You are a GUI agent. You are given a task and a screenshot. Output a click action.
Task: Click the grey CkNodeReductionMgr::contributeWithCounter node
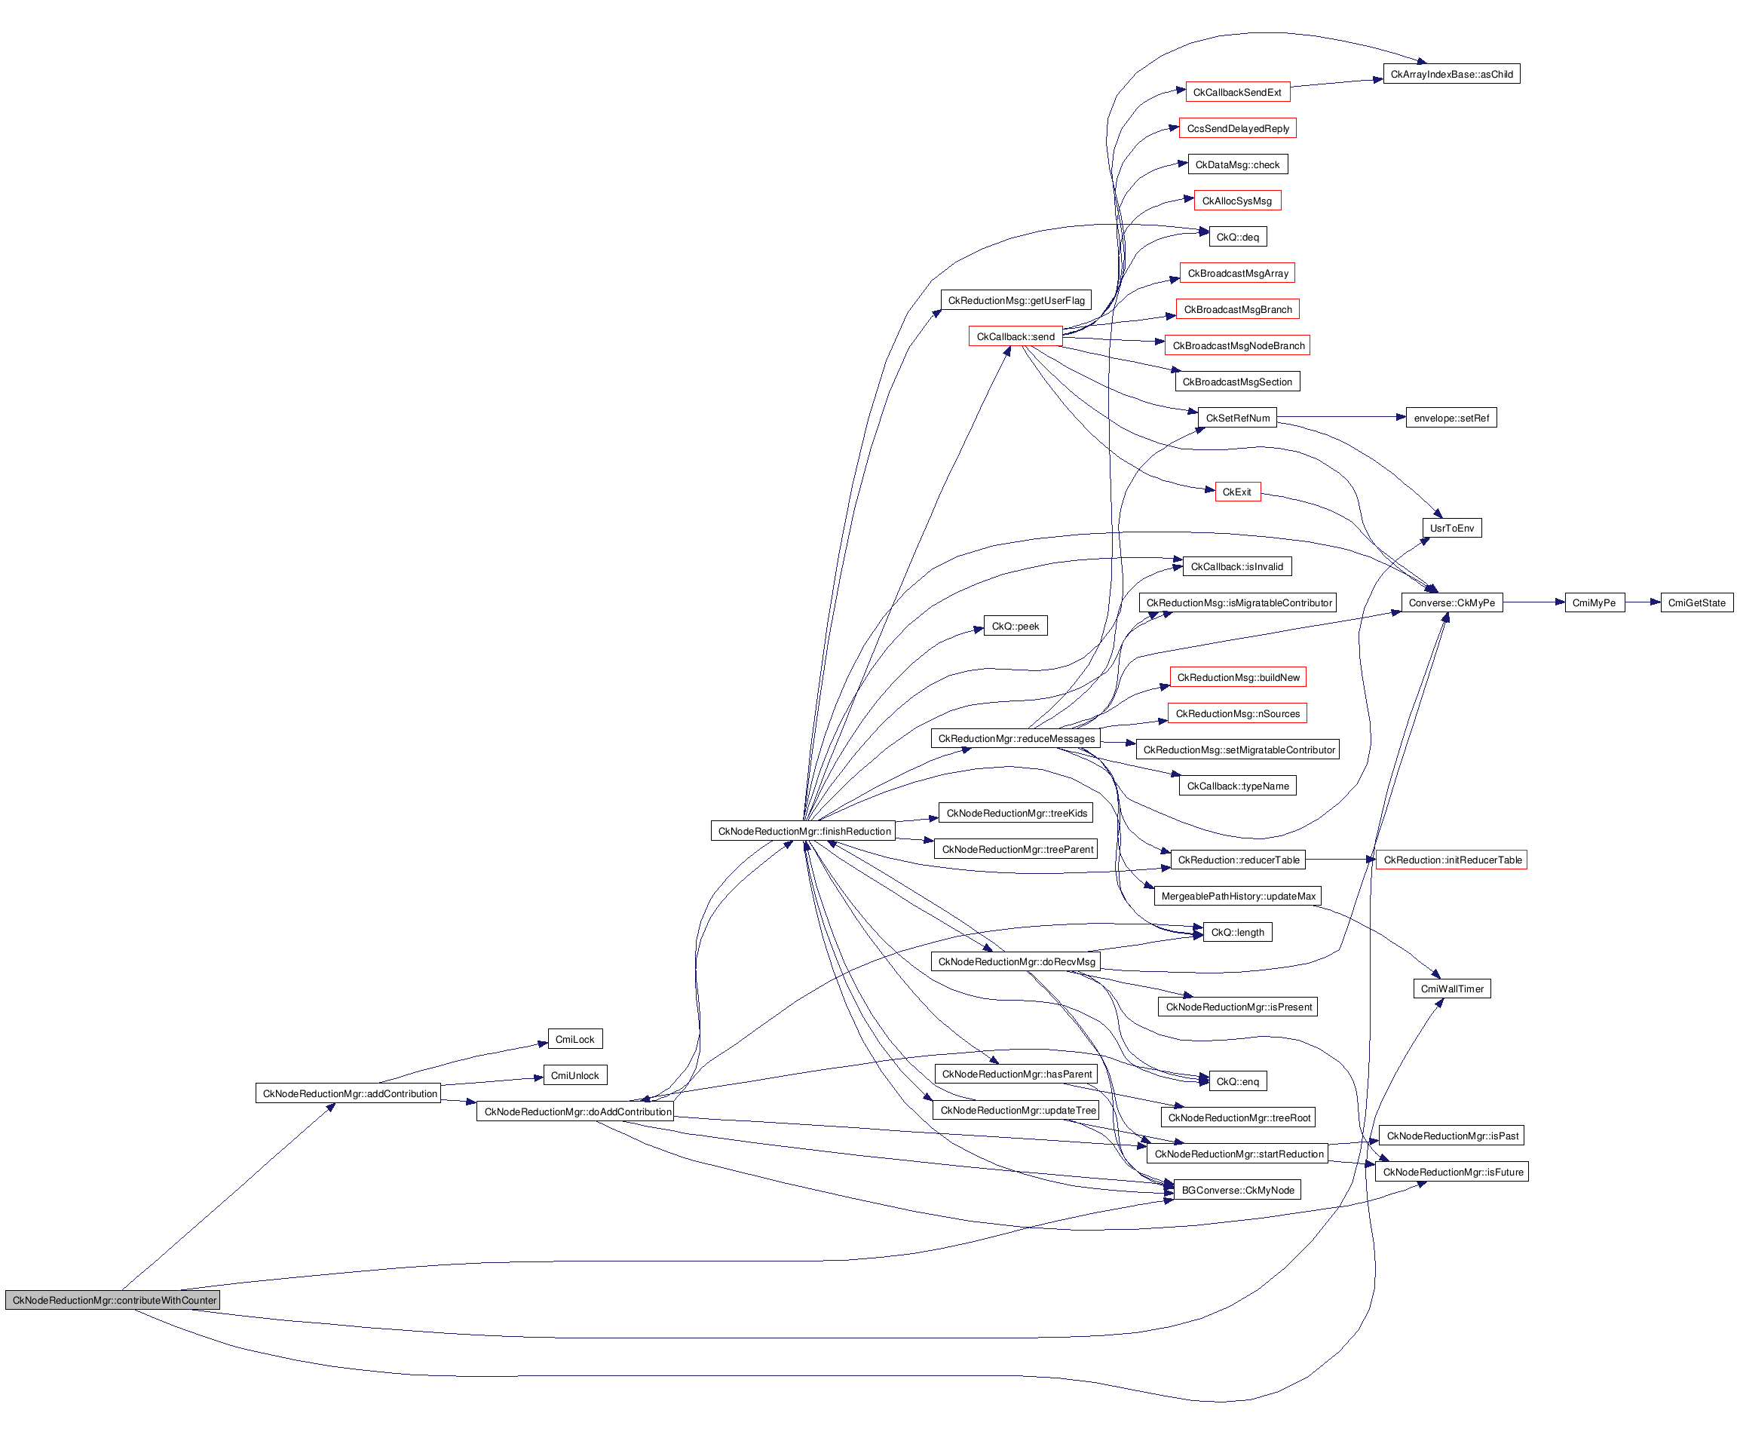coord(113,1300)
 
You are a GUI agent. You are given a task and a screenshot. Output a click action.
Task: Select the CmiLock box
coord(575,1039)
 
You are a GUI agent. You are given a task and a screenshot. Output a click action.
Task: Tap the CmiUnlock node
coord(575,1076)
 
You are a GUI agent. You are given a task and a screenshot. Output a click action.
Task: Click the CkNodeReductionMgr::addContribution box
coord(349,1094)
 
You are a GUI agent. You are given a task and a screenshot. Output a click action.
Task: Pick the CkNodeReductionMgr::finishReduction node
coord(804,832)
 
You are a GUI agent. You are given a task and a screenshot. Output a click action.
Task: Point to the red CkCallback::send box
coord(1015,337)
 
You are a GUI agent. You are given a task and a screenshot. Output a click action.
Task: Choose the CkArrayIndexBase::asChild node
coord(1451,75)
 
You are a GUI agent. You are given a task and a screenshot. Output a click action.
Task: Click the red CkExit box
coord(1237,492)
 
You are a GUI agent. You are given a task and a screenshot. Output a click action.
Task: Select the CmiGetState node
coord(1696,603)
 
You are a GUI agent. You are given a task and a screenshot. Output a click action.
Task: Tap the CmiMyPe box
coord(1594,603)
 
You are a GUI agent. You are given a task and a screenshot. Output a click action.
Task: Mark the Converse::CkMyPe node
coord(1451,603)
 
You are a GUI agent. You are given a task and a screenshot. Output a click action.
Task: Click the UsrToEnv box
coord(1451,529)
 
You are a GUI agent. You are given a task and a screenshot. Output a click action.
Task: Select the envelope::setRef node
coord(1451,418)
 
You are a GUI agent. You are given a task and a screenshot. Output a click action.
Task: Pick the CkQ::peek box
coord(1015,627)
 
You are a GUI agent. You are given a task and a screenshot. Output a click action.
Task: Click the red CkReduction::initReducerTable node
coord(1451,860)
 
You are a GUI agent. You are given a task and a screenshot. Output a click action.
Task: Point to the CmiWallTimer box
coord(1451,989)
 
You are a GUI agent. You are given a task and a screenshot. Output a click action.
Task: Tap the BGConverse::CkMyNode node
coord(1237,1191)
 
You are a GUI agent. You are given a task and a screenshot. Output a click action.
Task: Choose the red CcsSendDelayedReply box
coord(1237,129)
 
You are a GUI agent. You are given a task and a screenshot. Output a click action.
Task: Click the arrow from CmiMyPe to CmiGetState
coord(1643,603)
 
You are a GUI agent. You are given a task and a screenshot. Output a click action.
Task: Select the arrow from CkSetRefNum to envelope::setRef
coord(1340,418)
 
